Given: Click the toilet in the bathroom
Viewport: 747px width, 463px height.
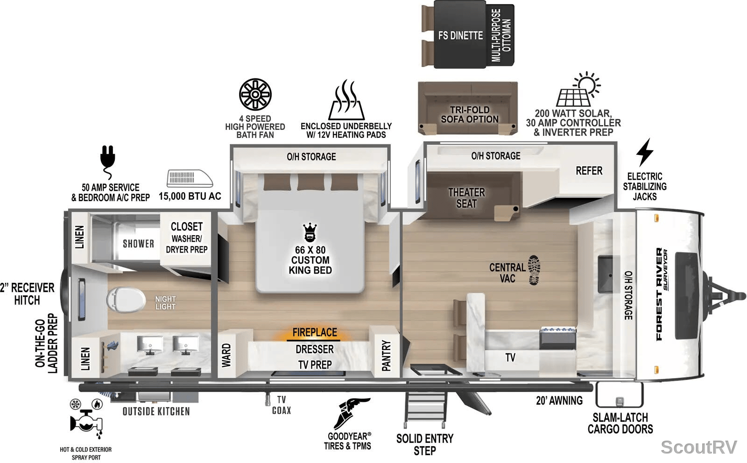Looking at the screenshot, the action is click(126, 300).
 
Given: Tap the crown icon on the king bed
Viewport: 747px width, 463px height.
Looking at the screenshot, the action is click(310, 232).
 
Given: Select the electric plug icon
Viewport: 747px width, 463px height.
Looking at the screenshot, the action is click(108, 162).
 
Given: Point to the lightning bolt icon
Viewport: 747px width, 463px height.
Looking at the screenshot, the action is click(645, 152).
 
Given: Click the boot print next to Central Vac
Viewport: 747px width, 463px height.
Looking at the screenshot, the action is click(534, 270).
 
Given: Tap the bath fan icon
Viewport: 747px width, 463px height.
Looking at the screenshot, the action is click(255, 94).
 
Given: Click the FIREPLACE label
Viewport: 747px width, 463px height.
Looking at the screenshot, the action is click(315, 332).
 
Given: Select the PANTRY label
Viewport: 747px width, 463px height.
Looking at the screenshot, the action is click(386, 356).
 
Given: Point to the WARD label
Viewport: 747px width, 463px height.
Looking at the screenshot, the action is click(226, 356).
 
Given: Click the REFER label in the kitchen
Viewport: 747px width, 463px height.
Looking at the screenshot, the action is click(589, 171).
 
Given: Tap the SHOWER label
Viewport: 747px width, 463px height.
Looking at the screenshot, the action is click(138, 244).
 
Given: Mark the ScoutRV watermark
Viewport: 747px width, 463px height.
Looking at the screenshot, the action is click(698, 447).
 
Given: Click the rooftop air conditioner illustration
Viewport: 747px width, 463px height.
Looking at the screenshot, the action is click(190, 178).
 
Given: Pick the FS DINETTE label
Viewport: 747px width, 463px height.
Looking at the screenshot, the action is click(460, 35).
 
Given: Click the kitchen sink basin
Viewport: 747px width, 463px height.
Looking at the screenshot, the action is click(605, 274).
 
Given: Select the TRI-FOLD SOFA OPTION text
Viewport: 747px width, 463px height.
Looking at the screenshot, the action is click(470, 114).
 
